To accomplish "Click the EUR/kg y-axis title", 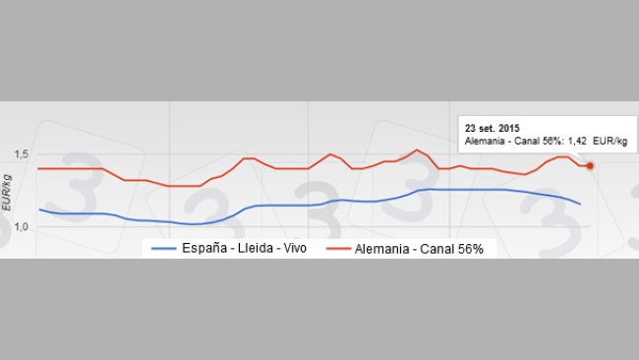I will tap(8, 192).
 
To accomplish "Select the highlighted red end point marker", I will tap(590, 165).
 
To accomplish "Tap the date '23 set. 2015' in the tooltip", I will tap(493, 128).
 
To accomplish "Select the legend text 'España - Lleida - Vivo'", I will tap(244, 248).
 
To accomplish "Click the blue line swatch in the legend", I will tap(162, 249).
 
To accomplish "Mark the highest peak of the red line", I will tap(417, 150).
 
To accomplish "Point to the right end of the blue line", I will tap(581, 204).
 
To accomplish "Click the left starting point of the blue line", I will tap(39, 209).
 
